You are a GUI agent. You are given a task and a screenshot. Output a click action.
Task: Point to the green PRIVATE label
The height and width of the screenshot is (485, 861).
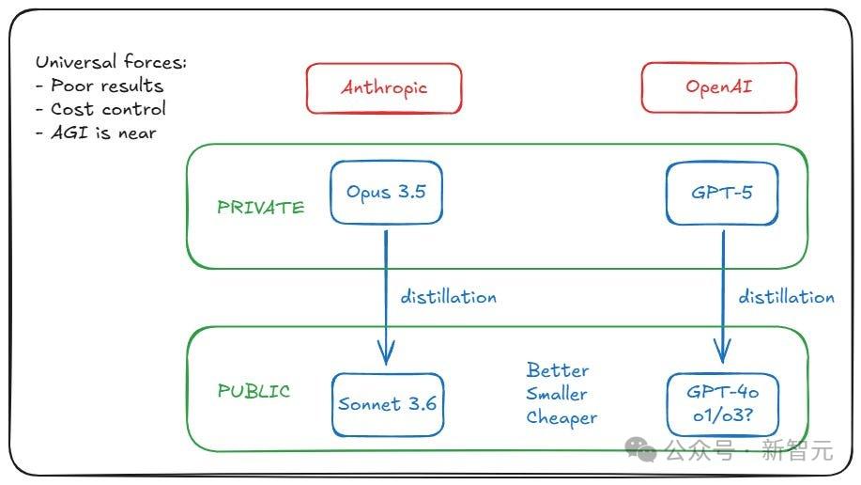coord(260,207)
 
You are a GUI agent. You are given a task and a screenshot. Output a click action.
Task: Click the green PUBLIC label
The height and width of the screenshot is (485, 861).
coord(254,390)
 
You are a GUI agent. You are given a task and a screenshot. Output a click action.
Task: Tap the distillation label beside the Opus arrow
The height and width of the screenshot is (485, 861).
coord(448,296)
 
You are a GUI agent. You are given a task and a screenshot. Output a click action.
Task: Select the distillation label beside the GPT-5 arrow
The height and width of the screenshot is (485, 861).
coord(786,296)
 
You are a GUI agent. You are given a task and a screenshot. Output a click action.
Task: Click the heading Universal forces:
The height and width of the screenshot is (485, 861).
coord(112,61)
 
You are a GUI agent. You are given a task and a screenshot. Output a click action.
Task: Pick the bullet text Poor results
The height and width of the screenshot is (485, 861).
coord(107,86)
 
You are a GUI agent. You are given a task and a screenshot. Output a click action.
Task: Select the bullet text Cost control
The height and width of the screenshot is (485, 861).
coord(108,109)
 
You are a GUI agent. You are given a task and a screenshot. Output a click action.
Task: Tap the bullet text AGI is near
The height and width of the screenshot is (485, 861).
coord(104,133)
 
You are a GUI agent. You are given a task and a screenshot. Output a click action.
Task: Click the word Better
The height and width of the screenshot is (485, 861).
coord(558,370)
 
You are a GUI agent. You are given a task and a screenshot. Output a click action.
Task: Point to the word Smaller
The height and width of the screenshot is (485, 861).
coord(556,393)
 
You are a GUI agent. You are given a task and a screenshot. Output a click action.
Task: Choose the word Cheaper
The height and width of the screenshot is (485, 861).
coord(561,418)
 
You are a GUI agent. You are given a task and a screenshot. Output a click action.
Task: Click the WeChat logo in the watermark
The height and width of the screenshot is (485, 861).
coord(640,449)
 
